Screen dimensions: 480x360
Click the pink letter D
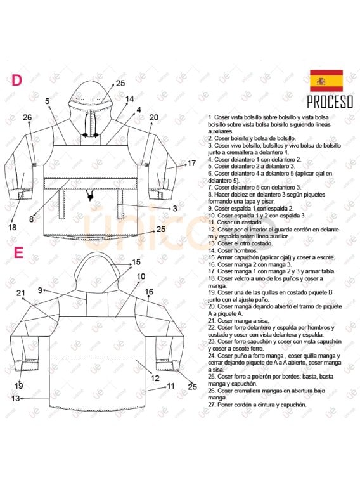coord(17,80)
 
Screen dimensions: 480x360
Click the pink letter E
coord(18,252)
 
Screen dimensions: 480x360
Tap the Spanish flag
coord(326,81)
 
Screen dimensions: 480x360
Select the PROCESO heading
coord(330,102)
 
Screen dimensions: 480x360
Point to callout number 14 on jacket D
coord(129,100)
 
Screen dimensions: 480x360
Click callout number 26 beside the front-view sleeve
coord(27,117)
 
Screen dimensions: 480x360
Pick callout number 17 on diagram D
coord(191,164)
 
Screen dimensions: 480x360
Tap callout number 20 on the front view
coord(154,117)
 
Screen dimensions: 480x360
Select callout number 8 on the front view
coord(31,219)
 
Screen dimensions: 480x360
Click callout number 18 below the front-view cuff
coord(11,227)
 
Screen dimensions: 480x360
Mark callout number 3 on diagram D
coord(175,208)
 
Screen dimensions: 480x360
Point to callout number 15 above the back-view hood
coord(136,262)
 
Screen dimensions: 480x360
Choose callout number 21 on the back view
coord(21,293)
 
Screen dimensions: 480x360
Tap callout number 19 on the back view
coord(19,386)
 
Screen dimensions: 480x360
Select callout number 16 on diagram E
coord(149,292)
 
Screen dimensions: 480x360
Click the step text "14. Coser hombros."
coord(232,251)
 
